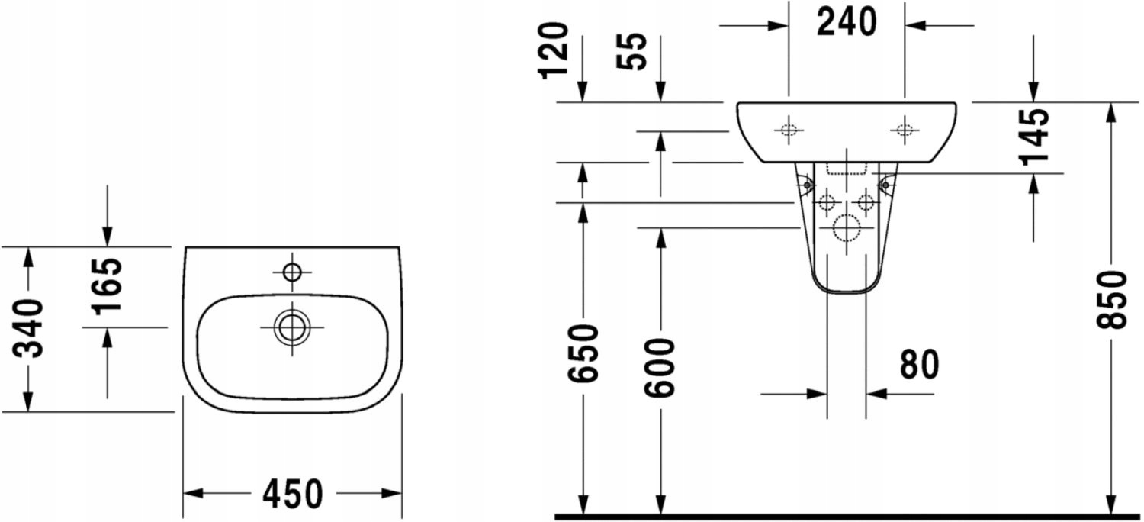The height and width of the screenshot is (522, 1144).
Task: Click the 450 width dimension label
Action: click(292, 495)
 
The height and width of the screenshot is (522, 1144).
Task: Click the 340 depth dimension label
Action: click(31, 329)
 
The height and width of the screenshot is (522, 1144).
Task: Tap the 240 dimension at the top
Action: click(847, 23)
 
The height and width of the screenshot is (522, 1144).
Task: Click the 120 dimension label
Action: click(555, 50)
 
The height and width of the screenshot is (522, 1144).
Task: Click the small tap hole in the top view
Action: click(292, 271)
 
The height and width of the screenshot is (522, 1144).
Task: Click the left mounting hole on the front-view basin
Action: click(789, 130)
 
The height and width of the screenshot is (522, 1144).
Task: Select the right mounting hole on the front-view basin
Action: click(905, 130)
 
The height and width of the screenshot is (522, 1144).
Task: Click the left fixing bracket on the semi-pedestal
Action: click(804, 183)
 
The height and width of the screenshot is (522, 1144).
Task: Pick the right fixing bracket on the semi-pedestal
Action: click(887, 183)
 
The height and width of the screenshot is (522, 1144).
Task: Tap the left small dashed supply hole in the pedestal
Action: click(827, 202)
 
